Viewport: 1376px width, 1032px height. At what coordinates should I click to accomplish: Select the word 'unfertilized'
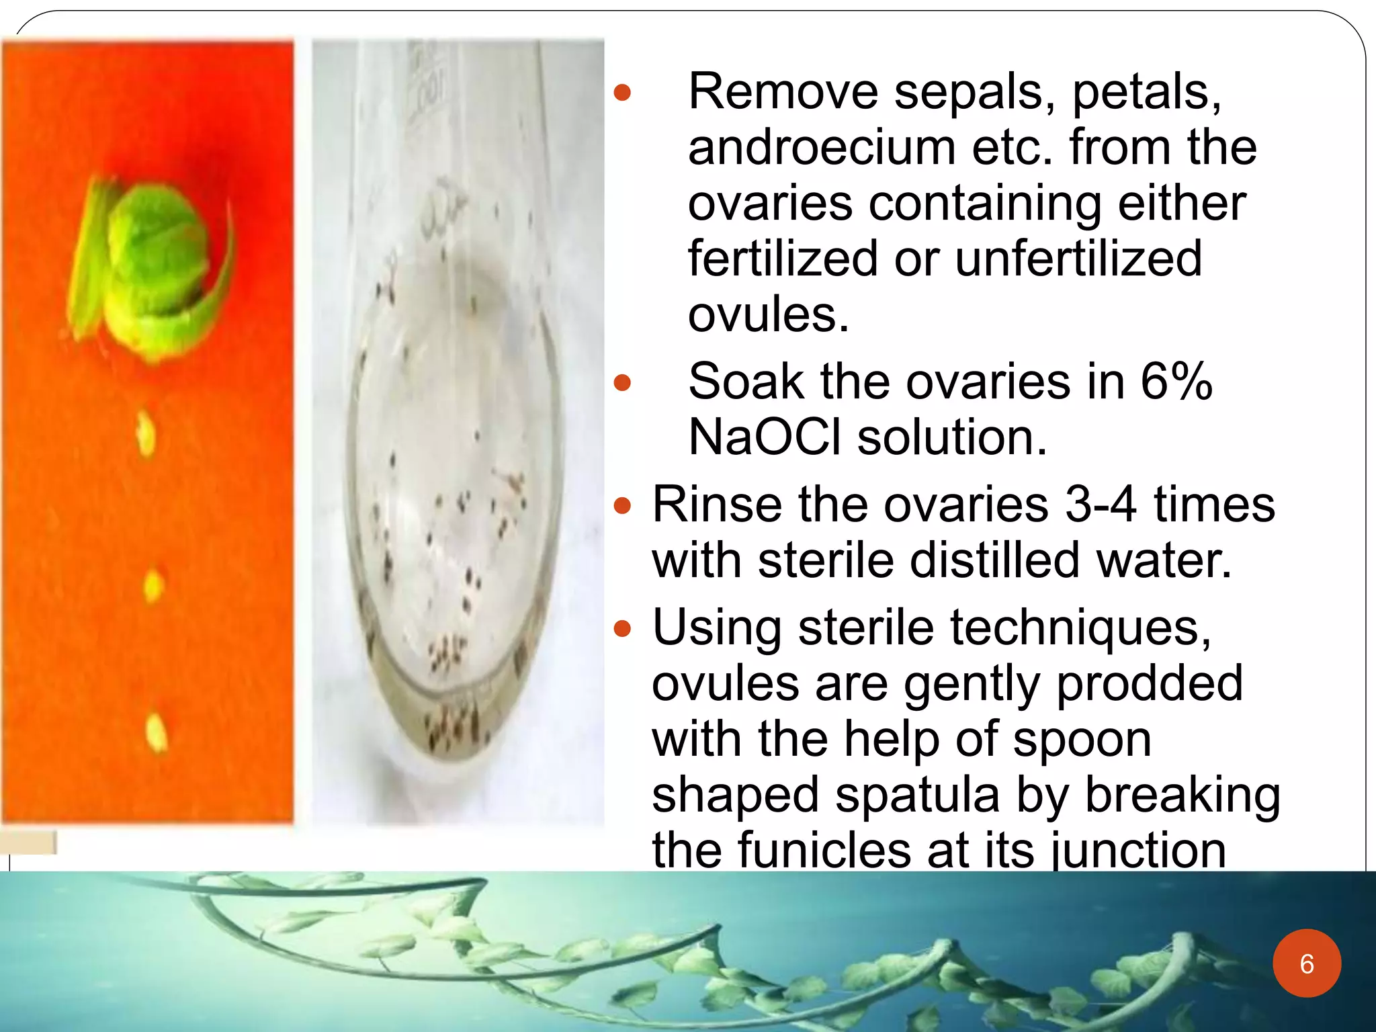[1078, 259]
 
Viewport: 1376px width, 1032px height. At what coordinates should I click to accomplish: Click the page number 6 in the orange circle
[1306, 963]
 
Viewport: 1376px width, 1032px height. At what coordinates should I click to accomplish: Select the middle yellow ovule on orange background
[153, 585]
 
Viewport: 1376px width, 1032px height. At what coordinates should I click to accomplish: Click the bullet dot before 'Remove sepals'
[623, 92]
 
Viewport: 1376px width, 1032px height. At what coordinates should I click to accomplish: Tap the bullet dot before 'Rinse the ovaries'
[623, 505]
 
